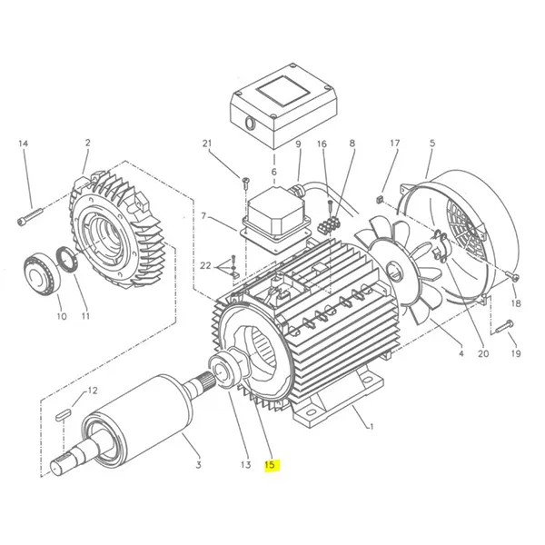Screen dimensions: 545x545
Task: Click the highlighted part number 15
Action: (x=270, y=466)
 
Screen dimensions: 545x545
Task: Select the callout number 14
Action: (x=24, y=145)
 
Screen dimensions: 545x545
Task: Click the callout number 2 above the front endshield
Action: (x=88, y=144)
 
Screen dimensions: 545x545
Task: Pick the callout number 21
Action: (x=207, y=145)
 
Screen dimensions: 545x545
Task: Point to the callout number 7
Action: (x=204, y=216)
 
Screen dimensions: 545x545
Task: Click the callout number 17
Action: (x=394, y=144)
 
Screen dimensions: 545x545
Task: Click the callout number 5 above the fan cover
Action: (x=431, y=144)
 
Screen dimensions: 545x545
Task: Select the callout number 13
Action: (x=244, y=465)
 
